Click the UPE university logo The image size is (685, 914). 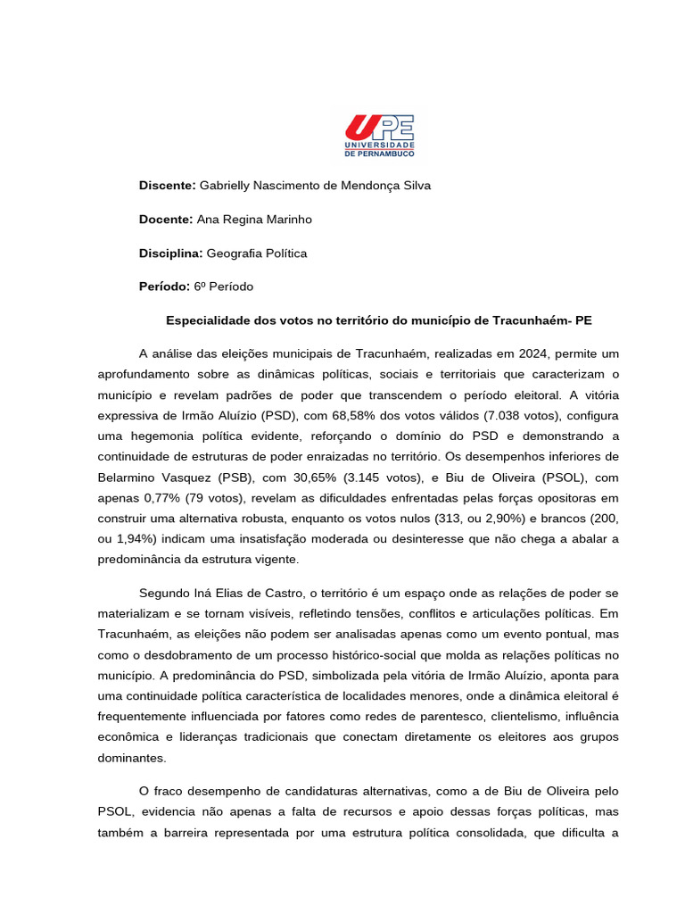pyautogui.click(x=379, y=136)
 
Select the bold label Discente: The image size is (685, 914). pyautogui.click(x=167, y=185)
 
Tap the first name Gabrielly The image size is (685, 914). pyautogui.click(x=227, y=185)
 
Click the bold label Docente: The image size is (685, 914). pyautogui.click(x=166, y=219)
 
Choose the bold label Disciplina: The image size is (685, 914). pyautogui.click(x=171, y=253)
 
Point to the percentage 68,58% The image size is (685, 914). pyautogui.click(x=349, y=416)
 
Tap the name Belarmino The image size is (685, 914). pyautogui.click(x=130, y=478)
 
